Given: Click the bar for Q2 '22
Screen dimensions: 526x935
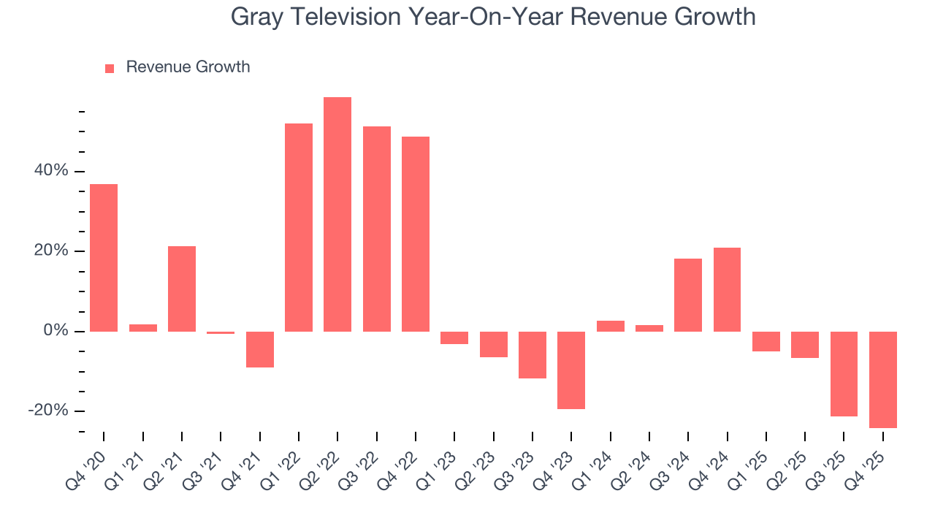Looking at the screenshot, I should [337, 214].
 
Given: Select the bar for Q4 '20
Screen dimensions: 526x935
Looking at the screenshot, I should [104, 257].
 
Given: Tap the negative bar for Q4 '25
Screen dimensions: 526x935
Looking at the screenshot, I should [882, 379].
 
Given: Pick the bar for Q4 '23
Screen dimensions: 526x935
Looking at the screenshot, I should [571, 370].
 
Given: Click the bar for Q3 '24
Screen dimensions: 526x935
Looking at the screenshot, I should [688, 294].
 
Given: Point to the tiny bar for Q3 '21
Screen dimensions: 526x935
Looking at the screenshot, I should [221, 332].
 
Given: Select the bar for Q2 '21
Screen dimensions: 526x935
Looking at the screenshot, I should [182, 289].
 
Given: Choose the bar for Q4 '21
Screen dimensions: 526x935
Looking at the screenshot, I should [259, 349].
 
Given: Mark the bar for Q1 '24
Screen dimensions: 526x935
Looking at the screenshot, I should [610, 326].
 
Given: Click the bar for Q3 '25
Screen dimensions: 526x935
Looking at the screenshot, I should [844, 373].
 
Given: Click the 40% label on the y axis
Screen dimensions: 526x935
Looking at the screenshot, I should [51, 171].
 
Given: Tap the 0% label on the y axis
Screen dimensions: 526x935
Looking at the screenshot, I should [56, 331].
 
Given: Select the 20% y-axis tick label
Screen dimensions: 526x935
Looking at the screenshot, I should [51, 251].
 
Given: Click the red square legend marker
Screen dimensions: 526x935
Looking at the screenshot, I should [110, 69].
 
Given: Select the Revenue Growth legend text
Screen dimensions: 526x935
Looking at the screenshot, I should [188, 67].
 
